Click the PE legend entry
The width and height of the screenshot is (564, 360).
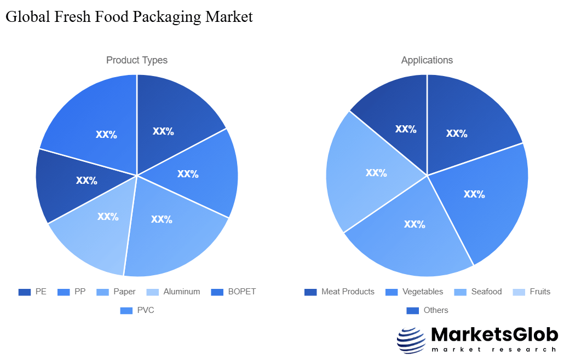click(32, 292)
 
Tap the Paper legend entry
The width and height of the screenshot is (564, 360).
click(116, 292)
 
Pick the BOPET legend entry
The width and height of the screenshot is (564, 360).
click(234, 292)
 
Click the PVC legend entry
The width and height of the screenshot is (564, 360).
click(137, 310)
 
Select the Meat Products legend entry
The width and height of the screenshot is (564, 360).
click(339, 292)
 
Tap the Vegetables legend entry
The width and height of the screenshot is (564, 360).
click(415, 292)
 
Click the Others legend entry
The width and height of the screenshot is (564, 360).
click(427, 310)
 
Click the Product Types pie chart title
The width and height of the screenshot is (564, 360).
click(137, 60)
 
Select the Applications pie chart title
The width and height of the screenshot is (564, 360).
click(427, 60)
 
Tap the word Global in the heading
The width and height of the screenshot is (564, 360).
click(27, 17)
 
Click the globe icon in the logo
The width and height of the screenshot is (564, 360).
click(411, 340)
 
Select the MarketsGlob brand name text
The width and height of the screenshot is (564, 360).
click(494, 334)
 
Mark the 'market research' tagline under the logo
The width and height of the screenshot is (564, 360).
click(494, 350)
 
